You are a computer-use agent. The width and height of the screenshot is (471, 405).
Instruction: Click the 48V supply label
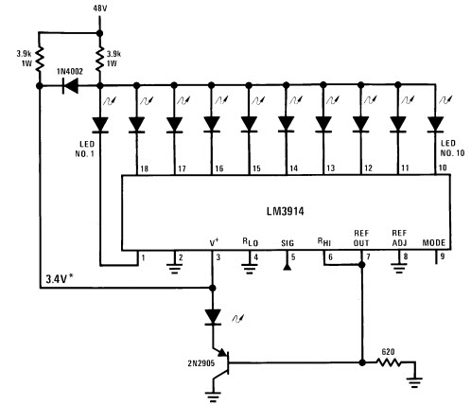[100, 9]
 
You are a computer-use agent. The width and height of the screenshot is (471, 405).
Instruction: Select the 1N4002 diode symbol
[70, 85]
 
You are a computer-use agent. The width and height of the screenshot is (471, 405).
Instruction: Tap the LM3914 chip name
[286, 211]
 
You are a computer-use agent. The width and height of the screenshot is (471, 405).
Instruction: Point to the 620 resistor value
[388, 352]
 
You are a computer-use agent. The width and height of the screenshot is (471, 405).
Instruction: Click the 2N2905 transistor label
[201, 363]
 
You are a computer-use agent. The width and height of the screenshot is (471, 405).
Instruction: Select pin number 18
[144, 168]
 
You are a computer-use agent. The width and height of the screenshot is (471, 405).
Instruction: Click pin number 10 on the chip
[443, 167]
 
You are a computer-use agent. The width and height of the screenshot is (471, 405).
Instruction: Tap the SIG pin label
[288, 243]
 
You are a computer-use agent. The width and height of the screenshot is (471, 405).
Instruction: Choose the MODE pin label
[434, 243]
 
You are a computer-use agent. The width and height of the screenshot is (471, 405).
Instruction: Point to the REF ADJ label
[399, 238]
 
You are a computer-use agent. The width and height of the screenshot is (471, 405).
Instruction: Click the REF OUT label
[361, 238]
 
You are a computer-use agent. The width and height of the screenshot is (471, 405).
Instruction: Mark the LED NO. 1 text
[85, 149]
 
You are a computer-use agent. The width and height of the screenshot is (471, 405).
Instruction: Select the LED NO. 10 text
[452, 149]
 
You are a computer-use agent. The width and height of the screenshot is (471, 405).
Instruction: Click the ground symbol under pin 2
[174, 268]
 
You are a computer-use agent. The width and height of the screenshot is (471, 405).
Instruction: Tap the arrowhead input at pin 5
[287, 267]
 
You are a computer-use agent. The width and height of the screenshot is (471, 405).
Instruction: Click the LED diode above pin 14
[287, 124]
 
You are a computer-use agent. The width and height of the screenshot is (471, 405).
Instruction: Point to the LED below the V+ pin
[213, 317]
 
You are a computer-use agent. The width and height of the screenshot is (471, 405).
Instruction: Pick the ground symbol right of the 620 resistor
[415, 382]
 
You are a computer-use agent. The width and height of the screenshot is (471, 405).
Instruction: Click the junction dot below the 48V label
[99, 33]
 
